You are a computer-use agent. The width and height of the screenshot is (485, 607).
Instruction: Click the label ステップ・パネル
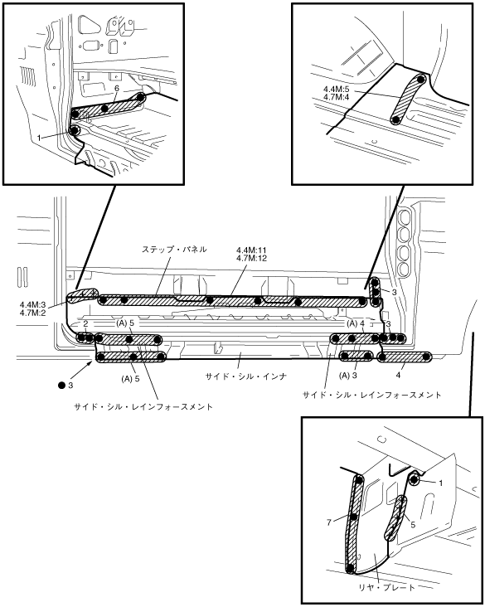[174, 250]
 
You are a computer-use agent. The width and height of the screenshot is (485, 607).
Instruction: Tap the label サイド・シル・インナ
[245, 376]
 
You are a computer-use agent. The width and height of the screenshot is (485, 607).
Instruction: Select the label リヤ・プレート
[386, 588]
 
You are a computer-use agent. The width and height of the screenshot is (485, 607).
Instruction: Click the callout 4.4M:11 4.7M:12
[252, 255]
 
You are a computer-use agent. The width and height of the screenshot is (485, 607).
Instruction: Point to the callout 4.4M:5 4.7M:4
[337, 93]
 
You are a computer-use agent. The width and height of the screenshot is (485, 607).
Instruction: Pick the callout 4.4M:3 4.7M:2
[32, 309]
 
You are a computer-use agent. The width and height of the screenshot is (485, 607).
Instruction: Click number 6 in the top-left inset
[117, 89]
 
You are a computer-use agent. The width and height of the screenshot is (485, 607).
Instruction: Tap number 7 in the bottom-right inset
[328, 522]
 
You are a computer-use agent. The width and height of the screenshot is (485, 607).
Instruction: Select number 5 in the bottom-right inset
[413, 525]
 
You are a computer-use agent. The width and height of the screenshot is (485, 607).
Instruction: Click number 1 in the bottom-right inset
[440, 483]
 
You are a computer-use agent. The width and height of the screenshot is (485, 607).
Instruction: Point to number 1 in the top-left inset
[39, 138]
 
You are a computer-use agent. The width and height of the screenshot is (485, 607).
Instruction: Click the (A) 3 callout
[347, 376]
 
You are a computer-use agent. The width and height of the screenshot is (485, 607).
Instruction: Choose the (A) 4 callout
[356, 323]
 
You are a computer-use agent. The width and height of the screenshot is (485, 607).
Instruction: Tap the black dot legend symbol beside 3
[61, 386]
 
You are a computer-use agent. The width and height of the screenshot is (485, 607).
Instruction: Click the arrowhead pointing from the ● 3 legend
[91, 362]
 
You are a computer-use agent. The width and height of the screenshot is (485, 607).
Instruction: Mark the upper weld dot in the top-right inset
[421, 79]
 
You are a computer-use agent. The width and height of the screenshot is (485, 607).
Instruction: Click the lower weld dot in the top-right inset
[395, 119]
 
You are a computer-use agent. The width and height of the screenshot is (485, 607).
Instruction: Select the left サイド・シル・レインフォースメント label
[143, 407]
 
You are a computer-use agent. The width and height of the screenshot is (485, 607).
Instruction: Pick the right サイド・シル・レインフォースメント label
[371, 396]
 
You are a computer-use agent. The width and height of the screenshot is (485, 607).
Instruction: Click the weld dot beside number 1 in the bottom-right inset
[415, 479]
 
